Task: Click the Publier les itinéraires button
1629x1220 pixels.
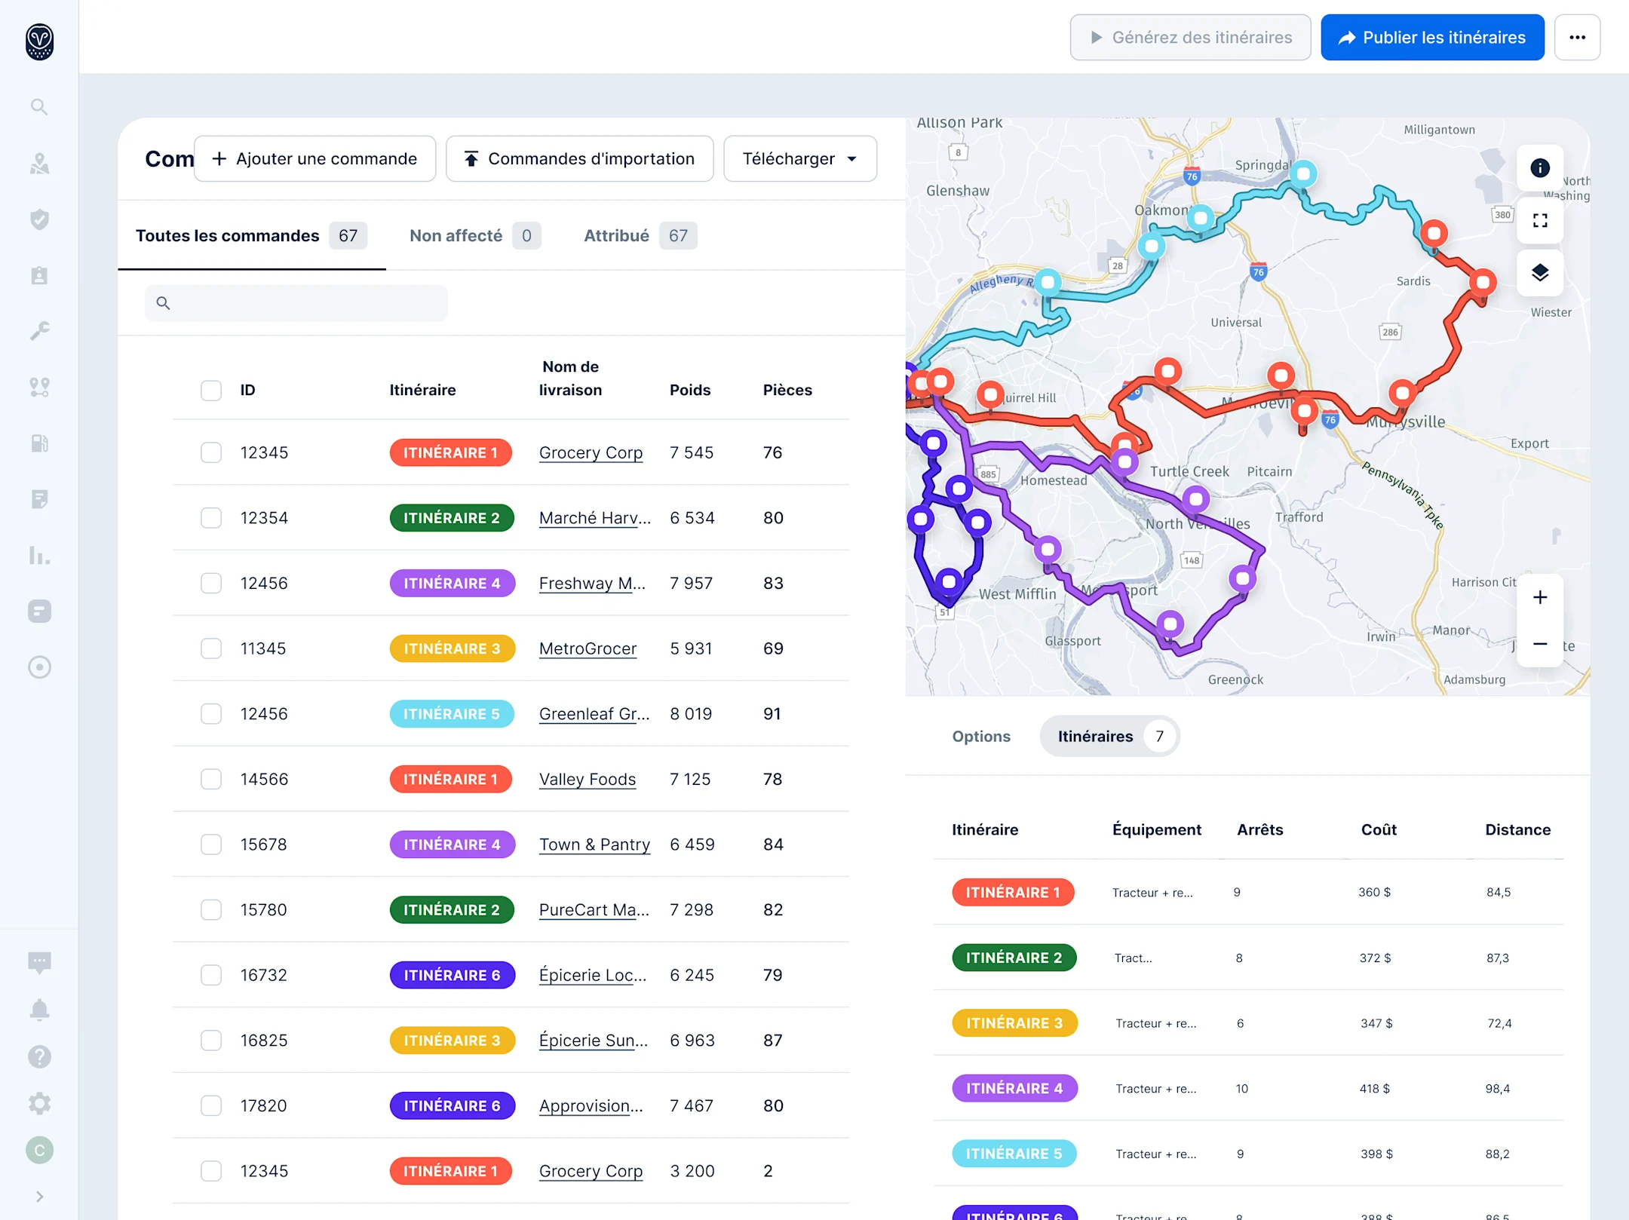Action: [x=1431, y=38]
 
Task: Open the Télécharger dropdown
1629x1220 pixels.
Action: [x=799, y=159]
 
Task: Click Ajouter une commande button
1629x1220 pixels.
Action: [x=314, y=159]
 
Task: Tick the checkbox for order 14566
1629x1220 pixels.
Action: [x=211, y=779]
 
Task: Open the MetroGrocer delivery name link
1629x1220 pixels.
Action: [x=587, y=648]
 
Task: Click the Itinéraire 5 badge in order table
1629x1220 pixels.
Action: [x=451, y=714]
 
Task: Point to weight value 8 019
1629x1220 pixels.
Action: [x=690, y=714]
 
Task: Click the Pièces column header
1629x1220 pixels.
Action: [x=787, y=390]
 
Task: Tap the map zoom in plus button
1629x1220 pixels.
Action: [x=1539, y=598]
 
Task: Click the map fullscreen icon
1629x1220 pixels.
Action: [x=1539, y=221]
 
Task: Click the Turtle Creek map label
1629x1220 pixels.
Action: [x=1189, y=471]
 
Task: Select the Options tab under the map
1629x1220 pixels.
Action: [x=980, y=737]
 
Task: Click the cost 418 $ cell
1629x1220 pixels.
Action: [x=1374, y=1088]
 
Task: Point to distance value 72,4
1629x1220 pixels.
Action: [x=1499, y=1023]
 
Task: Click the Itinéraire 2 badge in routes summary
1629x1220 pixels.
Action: [x=1013, y=958]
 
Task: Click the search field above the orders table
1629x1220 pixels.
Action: [x=296, y=303]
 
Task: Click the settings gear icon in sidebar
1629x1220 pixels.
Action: [x=39, y=1104]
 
